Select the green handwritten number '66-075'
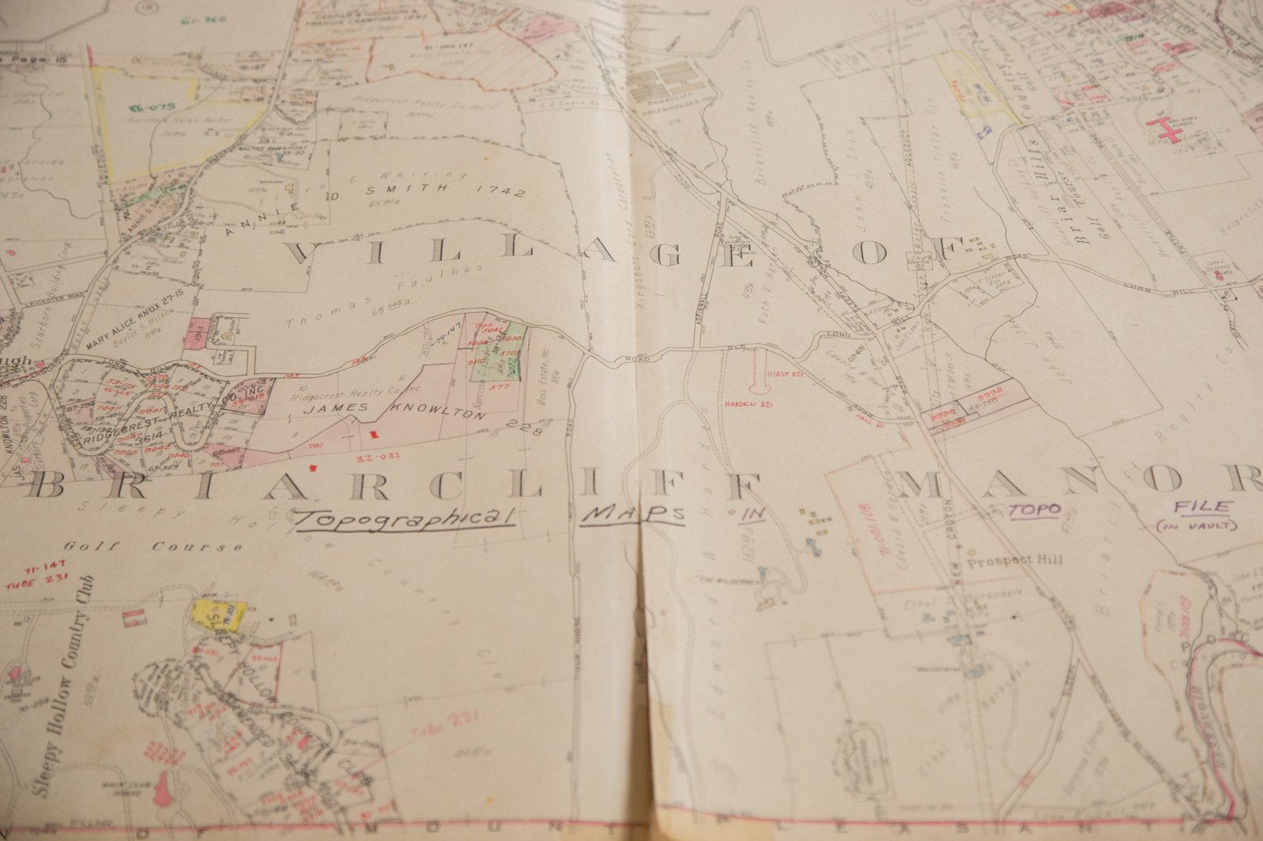tap(153, 105)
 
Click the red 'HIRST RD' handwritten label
tap(786, 376)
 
